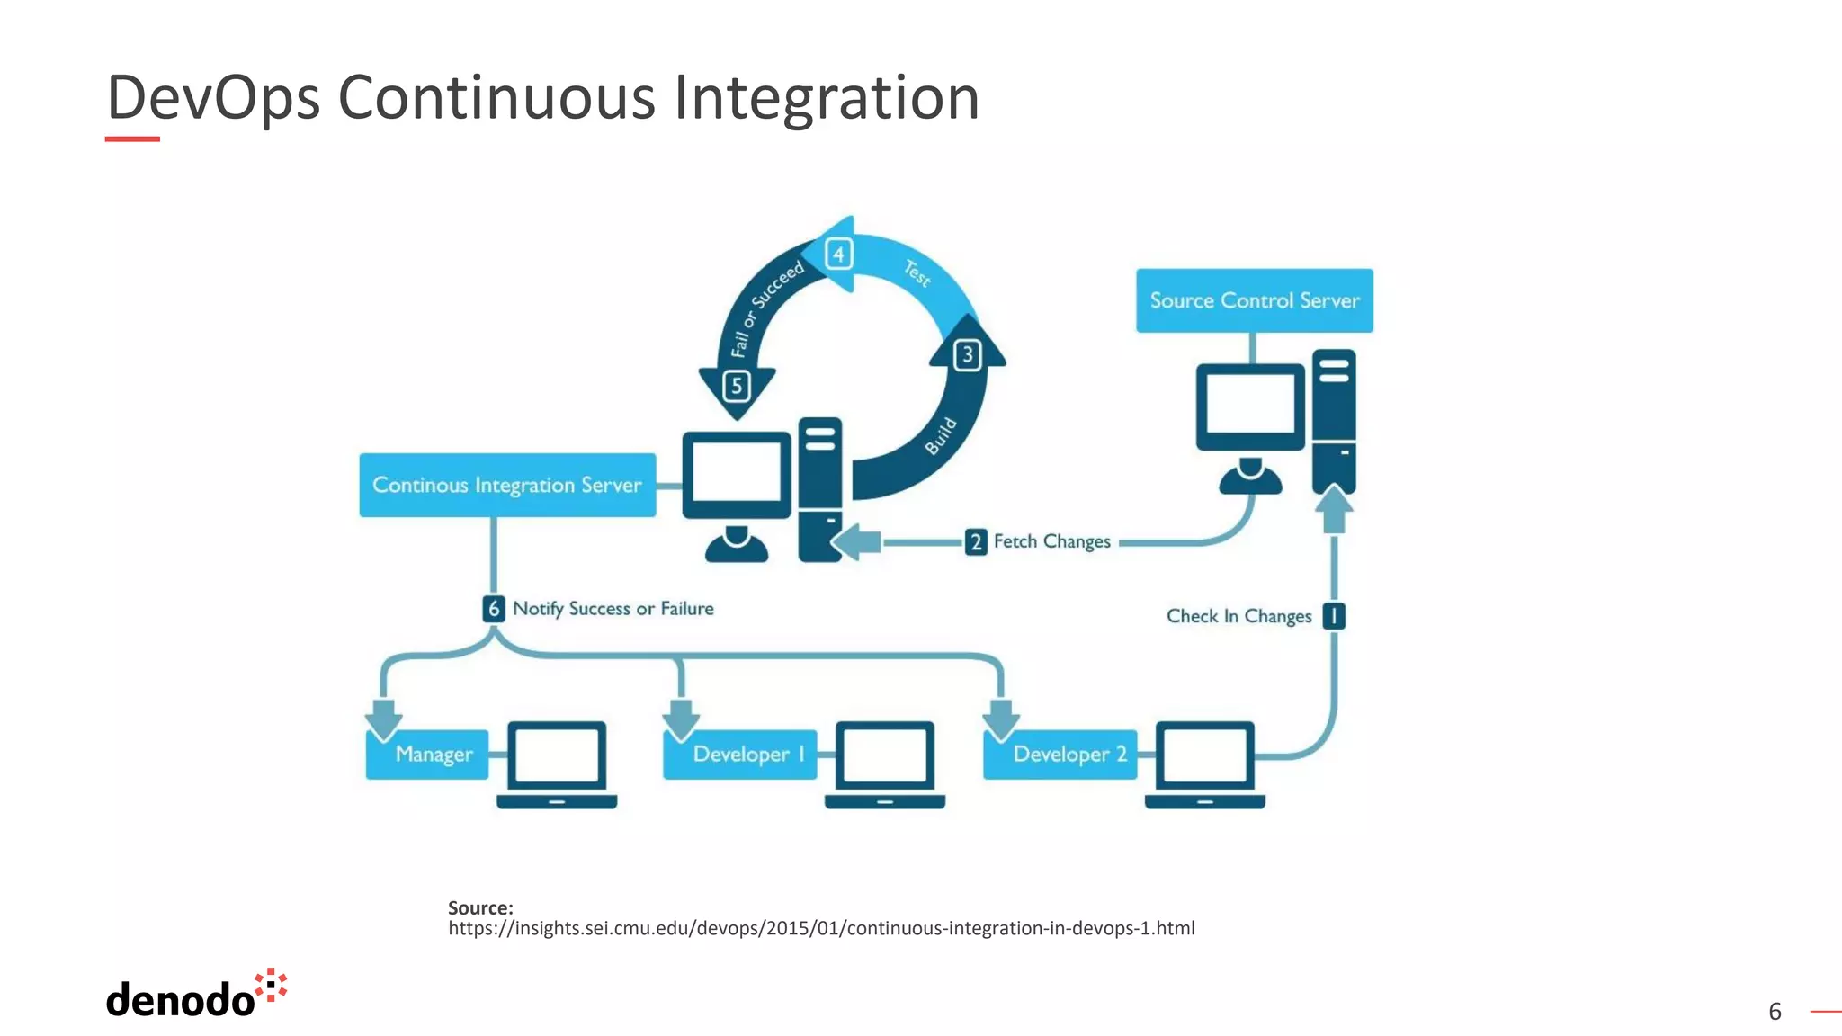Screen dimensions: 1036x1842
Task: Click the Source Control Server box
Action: tap(1254, 300)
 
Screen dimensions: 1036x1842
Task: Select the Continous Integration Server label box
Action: tap(507, 485)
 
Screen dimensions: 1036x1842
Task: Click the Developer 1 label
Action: tap(741, 754)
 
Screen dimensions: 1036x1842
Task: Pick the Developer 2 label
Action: tap(1061, 754)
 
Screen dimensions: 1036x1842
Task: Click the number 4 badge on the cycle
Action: tap(838, 255)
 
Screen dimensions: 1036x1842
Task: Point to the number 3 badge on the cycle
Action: tap(967, 354)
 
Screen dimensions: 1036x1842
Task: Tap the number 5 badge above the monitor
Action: tap(737, 387)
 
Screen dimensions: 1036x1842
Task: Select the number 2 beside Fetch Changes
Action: tap(976, 541)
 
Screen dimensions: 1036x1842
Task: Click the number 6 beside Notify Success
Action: tap(493, 609)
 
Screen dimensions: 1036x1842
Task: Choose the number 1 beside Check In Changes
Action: tap(1334, 616)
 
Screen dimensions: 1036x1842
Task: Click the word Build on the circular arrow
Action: tap(941, 435)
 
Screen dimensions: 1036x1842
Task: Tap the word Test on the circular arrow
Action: tap(917, 272)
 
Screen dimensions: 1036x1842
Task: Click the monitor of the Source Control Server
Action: tap(1250, 406)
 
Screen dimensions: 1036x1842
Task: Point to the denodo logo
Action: tap(196, 995)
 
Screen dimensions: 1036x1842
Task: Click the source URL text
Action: tap(821, 928)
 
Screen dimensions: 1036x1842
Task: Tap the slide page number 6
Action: tap(1775, 1012)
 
